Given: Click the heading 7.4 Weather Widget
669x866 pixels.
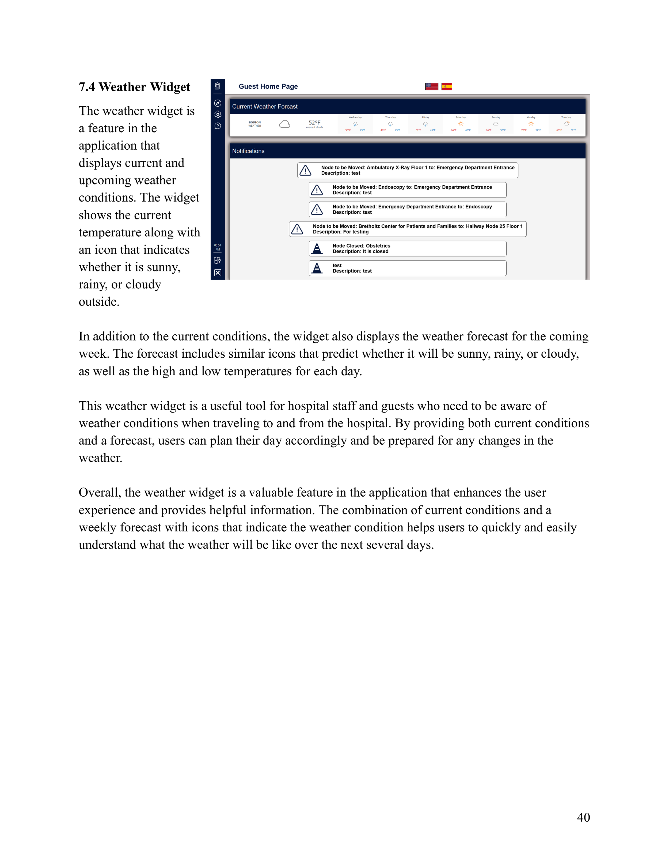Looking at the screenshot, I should coord(134,87).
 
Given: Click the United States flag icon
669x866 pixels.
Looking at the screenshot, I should coord(432,86).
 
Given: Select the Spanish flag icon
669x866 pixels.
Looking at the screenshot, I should coord(447,86).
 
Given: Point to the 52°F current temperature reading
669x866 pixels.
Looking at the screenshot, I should coord(314,123).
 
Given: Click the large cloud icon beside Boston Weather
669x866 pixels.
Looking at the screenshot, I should coord(284,124).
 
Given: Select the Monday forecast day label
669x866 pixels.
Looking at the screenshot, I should coord(531,117).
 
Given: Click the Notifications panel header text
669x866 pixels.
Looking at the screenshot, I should coord(248,151).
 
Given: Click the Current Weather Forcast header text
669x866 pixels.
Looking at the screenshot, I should coord(265,107).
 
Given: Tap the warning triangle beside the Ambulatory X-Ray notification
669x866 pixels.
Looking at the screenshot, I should coord(305,171).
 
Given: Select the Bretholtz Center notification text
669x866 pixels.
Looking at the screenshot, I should coord(417,226).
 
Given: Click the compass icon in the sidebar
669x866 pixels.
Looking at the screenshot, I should coord(218,103).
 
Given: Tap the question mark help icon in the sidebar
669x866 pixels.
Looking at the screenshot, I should coord(218,126).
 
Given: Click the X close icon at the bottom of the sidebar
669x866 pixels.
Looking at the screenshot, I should coord(218,273).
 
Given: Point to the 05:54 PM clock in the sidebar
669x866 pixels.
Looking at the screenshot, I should coord(218,247).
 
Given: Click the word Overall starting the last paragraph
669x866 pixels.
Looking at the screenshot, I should coord(100,493).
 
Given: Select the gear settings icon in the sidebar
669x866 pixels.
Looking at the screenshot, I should coord(218,115).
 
